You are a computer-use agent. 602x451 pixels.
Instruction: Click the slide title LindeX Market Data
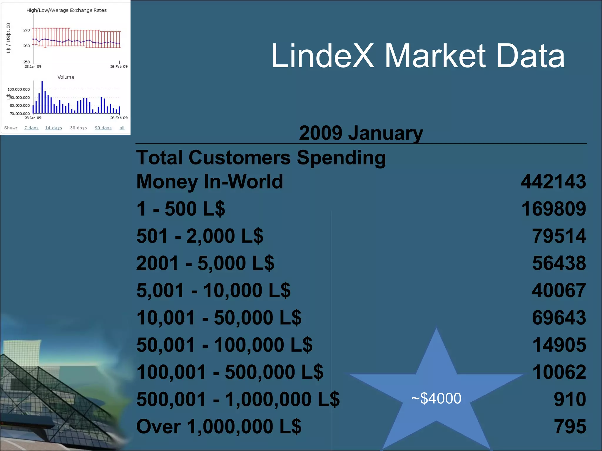point(417,56)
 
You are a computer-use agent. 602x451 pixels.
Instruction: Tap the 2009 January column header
point(361,133)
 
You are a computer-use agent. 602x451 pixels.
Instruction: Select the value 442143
point(553,181)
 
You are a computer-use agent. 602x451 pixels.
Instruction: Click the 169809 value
point(553,209)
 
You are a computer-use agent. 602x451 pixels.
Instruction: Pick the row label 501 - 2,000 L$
point(200,236)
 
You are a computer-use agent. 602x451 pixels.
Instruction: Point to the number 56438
point(559,263)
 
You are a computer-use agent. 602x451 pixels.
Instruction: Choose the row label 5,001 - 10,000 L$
point(213,290)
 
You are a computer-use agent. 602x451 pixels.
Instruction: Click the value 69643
point(559,318)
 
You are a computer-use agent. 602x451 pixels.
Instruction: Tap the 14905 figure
point(559,345)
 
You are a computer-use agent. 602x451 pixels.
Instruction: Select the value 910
point(570,399)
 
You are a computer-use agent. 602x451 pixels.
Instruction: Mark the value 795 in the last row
point(570,426)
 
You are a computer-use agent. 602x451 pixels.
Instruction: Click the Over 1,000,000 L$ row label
point(219,426)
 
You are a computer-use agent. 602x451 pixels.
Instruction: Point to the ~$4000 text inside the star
point(436,398)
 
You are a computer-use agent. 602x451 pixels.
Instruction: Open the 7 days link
point(31,128)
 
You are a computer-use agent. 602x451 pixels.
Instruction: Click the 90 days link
point(103,128)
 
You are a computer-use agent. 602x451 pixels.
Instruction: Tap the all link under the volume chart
point(122,128)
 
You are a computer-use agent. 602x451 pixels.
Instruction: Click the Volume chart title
point(66,77)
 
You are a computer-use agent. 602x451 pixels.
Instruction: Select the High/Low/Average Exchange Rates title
point(66,10)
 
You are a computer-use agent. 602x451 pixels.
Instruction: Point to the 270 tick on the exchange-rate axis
point(26,30)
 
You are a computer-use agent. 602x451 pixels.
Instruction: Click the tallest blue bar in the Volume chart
point(42,97)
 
